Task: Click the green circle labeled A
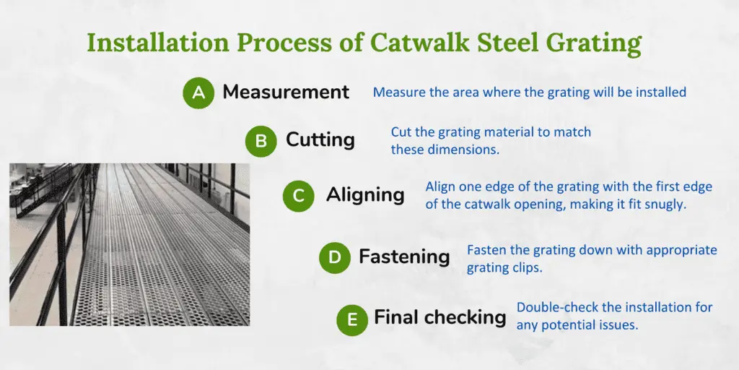click(198, 93)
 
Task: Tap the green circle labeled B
click(261, 141)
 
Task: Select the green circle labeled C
click(298, 196)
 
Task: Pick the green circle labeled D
click(335, 257)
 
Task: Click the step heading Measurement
click(286, 92)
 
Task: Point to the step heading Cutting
click(320, 139)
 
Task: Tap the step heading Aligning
click(365, 195)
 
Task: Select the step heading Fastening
click(404, 257)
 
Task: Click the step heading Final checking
click(440, 318)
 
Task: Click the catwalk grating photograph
click(129, 244)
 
